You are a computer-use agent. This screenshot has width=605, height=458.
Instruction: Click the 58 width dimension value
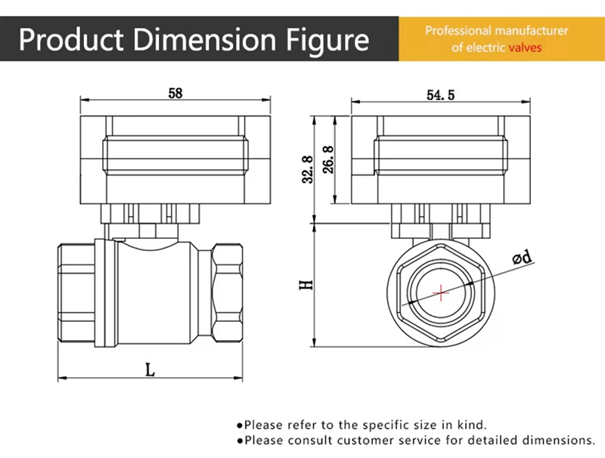(x=175, y=94)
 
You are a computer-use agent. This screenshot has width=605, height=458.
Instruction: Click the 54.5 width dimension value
(x=441, y=95)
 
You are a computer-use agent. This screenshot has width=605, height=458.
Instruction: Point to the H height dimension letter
(x=306, y=285)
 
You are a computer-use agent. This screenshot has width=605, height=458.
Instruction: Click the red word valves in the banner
(x=525, y=48)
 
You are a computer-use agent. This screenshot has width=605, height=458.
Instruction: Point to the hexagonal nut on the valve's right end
(x=227, y=292)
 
